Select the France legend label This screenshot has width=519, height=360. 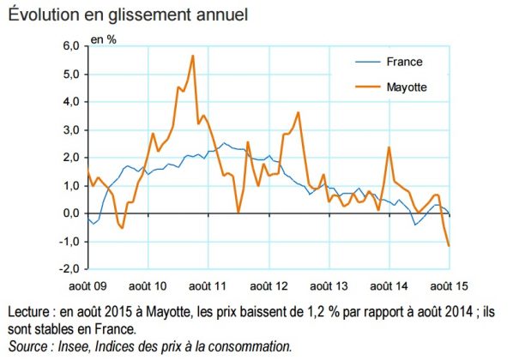click(404, 62)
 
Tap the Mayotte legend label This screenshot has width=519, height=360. click(407, 87)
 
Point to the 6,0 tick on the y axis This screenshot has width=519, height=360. click(70, 46)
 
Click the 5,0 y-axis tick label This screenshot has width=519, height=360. click(70, 75)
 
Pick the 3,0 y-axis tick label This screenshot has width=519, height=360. click(70, 130)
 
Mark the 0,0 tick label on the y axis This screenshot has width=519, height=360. click(70, 213)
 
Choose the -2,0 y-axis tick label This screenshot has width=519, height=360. click(69, 269)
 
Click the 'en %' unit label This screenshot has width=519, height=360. click(106, 40)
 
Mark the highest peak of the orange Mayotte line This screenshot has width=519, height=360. click(193, 56)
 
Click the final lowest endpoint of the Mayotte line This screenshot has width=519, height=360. click(449, 246)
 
